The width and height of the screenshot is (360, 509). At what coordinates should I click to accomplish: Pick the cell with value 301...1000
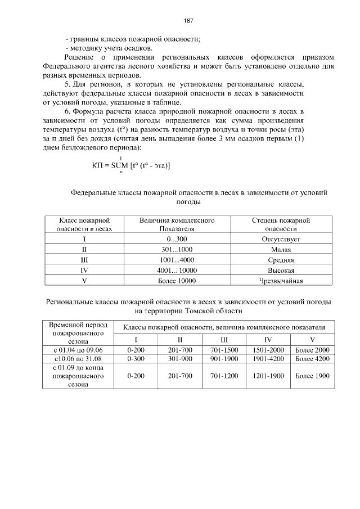(x=177, y=249)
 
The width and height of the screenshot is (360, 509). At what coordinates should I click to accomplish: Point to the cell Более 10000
(x=177, y=280)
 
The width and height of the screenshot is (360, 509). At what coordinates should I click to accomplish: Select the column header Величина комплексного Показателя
(x=177, y=224)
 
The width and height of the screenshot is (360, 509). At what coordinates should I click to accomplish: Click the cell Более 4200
(x=312, y=358)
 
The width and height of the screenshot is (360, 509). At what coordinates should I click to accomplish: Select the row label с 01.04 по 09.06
(x=78, y=350)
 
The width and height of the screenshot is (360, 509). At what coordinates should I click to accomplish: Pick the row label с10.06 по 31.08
(x=78, y=358)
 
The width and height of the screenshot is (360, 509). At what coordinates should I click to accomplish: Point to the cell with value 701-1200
(x=224, y=375)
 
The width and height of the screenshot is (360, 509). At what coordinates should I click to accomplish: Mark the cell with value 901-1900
(x=224, y=358)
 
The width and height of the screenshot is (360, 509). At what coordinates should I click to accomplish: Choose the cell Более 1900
(x=312, y=375)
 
